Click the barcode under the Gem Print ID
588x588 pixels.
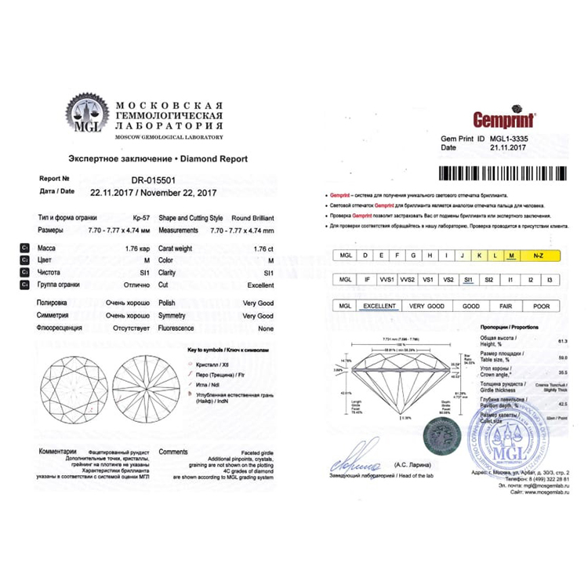503,173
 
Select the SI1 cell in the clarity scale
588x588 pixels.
469,279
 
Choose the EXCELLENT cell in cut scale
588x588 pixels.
378,307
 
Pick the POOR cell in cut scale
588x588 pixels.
541,307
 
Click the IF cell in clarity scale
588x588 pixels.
365,279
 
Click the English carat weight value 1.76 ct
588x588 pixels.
263,247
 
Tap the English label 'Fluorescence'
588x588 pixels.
176,328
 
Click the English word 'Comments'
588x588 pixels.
173,452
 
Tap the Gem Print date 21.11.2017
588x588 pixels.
506,147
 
